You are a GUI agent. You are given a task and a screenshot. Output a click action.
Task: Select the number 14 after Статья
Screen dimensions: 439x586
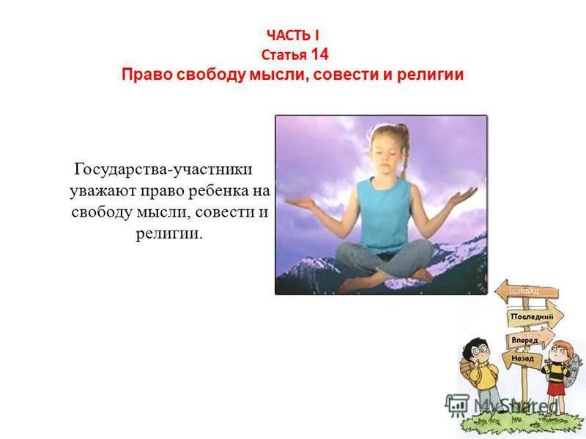click(319, 53)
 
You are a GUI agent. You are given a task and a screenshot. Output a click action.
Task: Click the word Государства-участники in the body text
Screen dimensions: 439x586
click(163, 170)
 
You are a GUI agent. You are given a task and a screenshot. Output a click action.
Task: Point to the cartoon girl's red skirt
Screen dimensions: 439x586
click(556, 387)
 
